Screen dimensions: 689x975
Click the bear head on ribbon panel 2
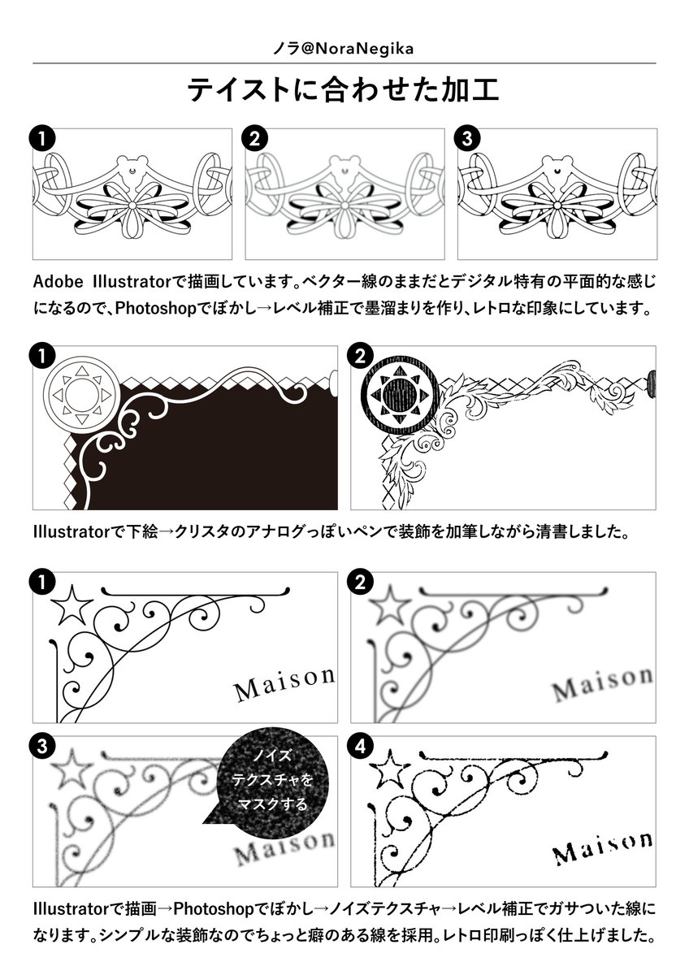[x=344, y=168]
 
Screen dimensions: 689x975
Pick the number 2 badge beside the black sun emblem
[x=360, y=356]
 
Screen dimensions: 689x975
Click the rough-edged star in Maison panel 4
[x=390, y=769]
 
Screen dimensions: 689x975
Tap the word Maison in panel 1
[x=284, y=684]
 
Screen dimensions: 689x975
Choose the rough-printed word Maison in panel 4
[x=602, y=847]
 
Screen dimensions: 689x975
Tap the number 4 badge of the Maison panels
[x=360, y=746]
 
